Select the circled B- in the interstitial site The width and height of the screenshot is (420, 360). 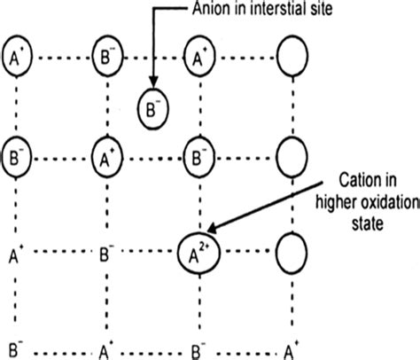click(152, 109)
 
